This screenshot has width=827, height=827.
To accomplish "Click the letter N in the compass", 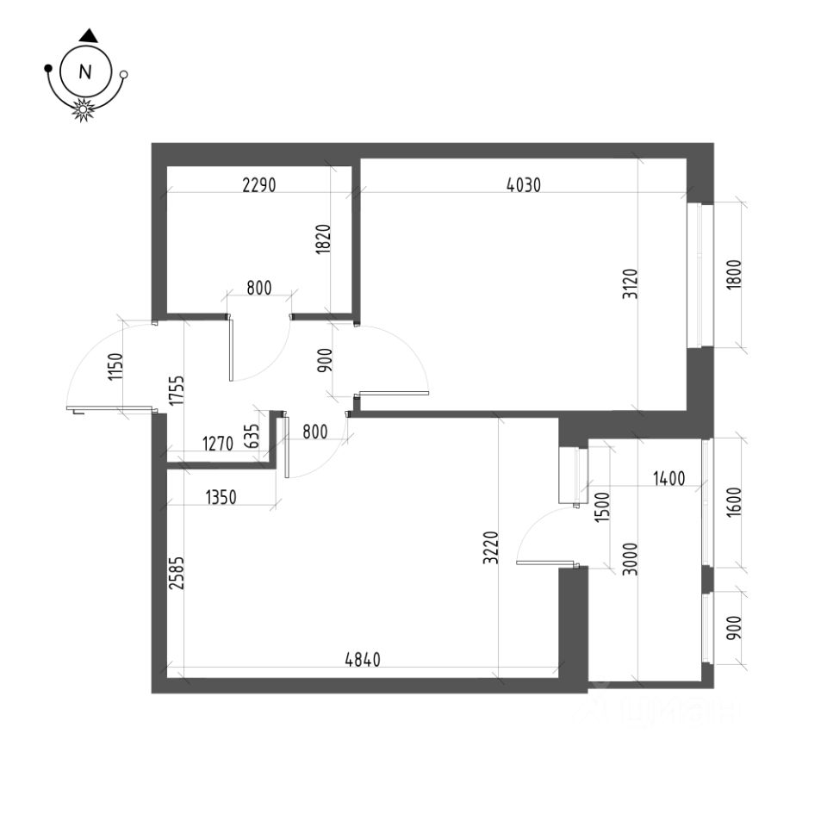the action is pos(85,73).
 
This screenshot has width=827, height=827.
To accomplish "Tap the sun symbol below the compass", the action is pos(84,109).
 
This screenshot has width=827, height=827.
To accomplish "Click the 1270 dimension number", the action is pos(217,445).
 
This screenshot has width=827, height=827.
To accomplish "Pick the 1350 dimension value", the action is pos(223,497).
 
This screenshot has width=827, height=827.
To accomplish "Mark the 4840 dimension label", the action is pos(363,660).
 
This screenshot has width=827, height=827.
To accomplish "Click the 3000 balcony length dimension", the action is pos(628,559).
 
